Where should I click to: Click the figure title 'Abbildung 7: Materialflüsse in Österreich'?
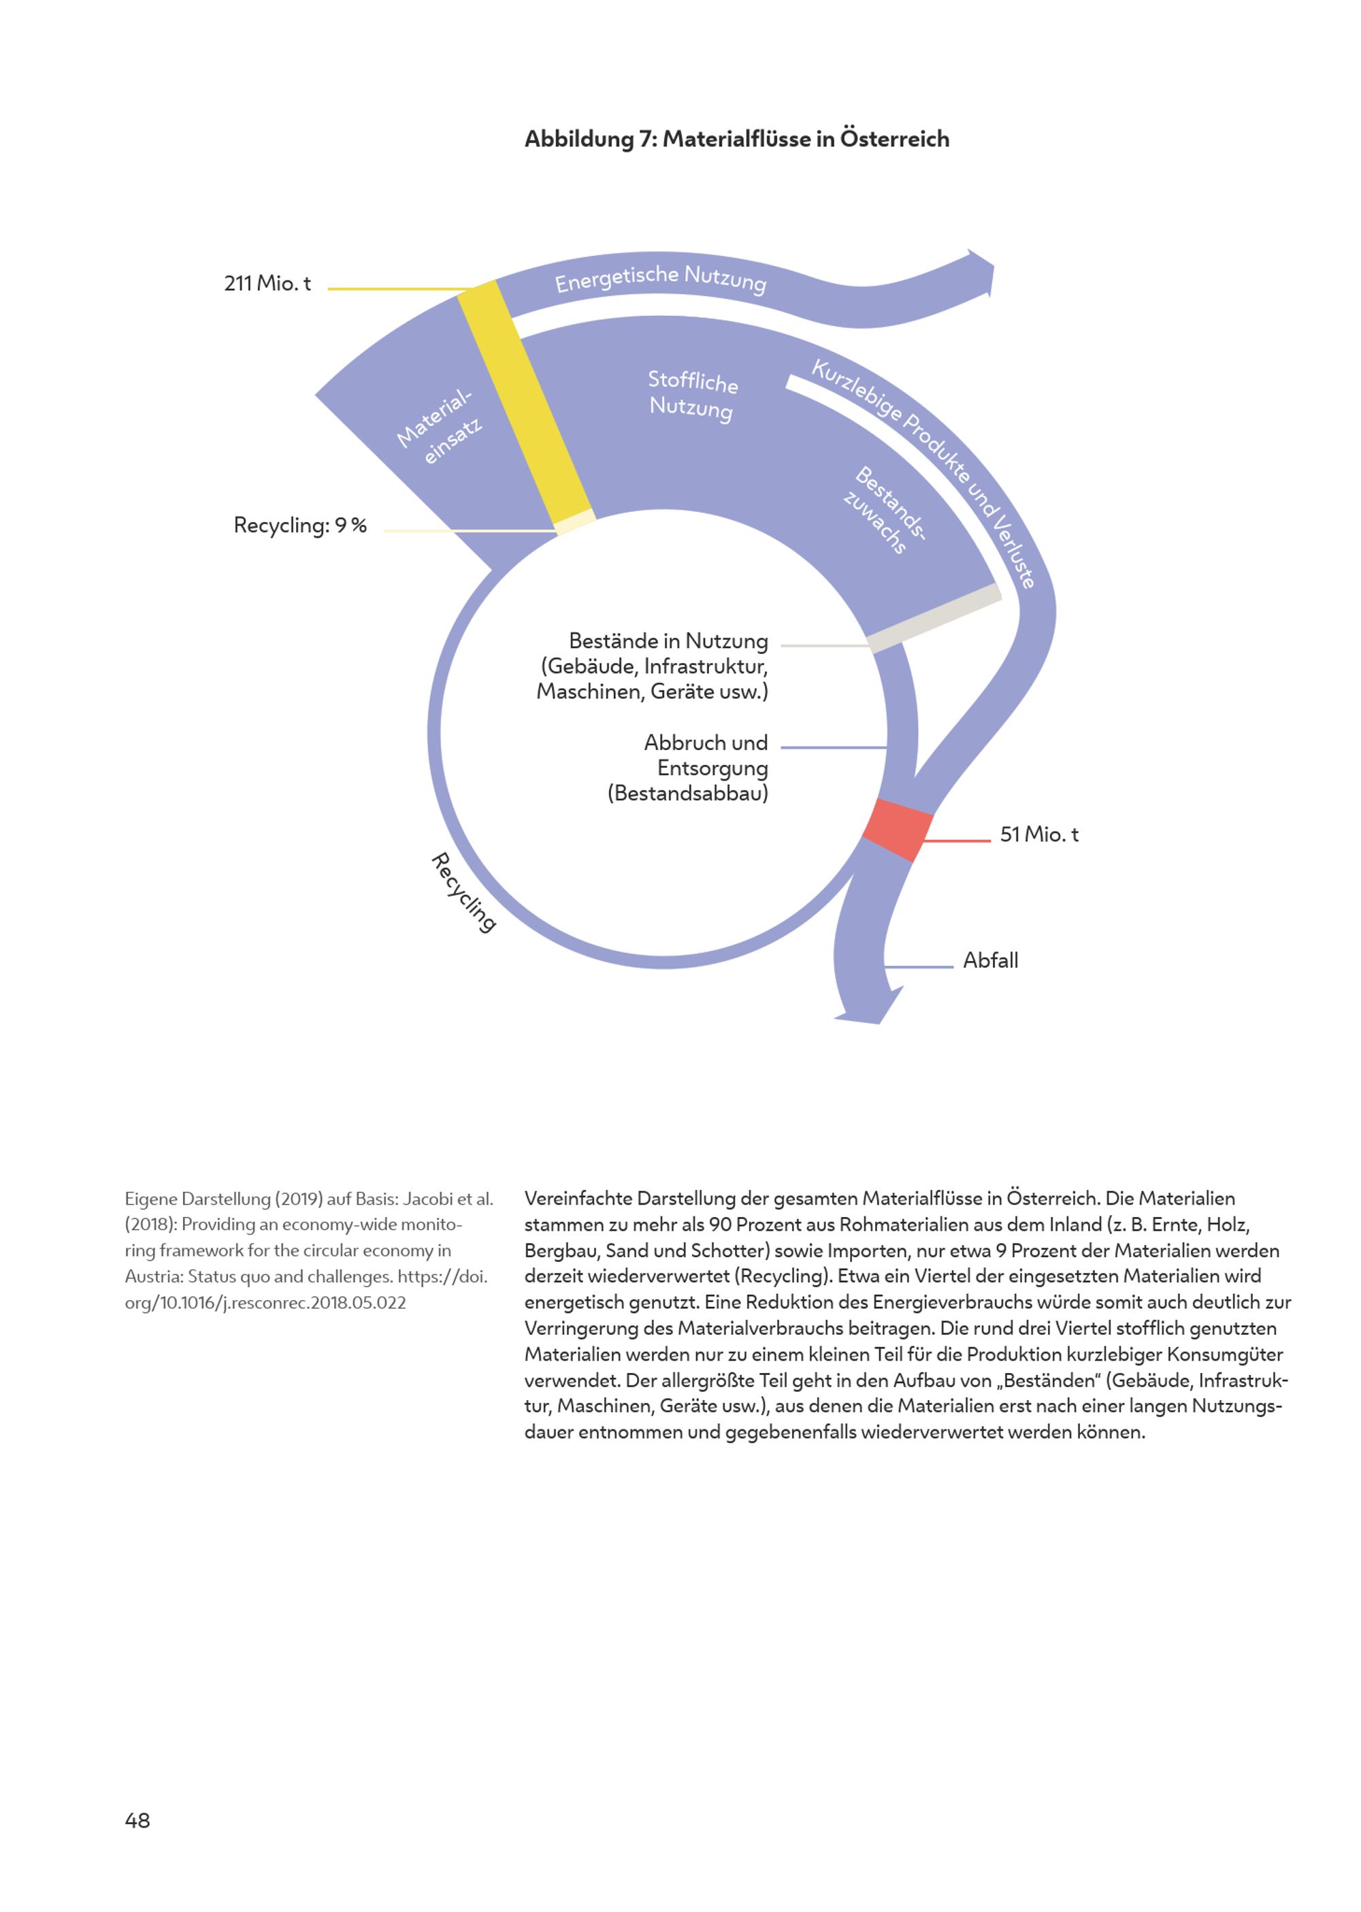tap(737, 138)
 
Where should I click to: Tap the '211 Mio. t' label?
tap(267, 283)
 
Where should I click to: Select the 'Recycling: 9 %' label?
tap(300, 525)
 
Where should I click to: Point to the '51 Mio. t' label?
tap(1038, 834)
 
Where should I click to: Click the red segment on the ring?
tap(898, 830)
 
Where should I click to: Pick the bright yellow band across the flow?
tap(524, 402)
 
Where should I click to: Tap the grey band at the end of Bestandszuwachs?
tap(935, 618)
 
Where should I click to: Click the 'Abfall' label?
tap(989, 960)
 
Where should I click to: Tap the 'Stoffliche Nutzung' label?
tap(692, 394)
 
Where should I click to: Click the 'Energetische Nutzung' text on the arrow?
tap(660, 278)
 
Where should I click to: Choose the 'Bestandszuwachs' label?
tap(885, 511)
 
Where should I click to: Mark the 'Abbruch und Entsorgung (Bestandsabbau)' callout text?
tap(688, 768)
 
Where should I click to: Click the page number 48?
tap(137, 1820)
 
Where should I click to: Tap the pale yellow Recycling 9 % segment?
tap(575, 521)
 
